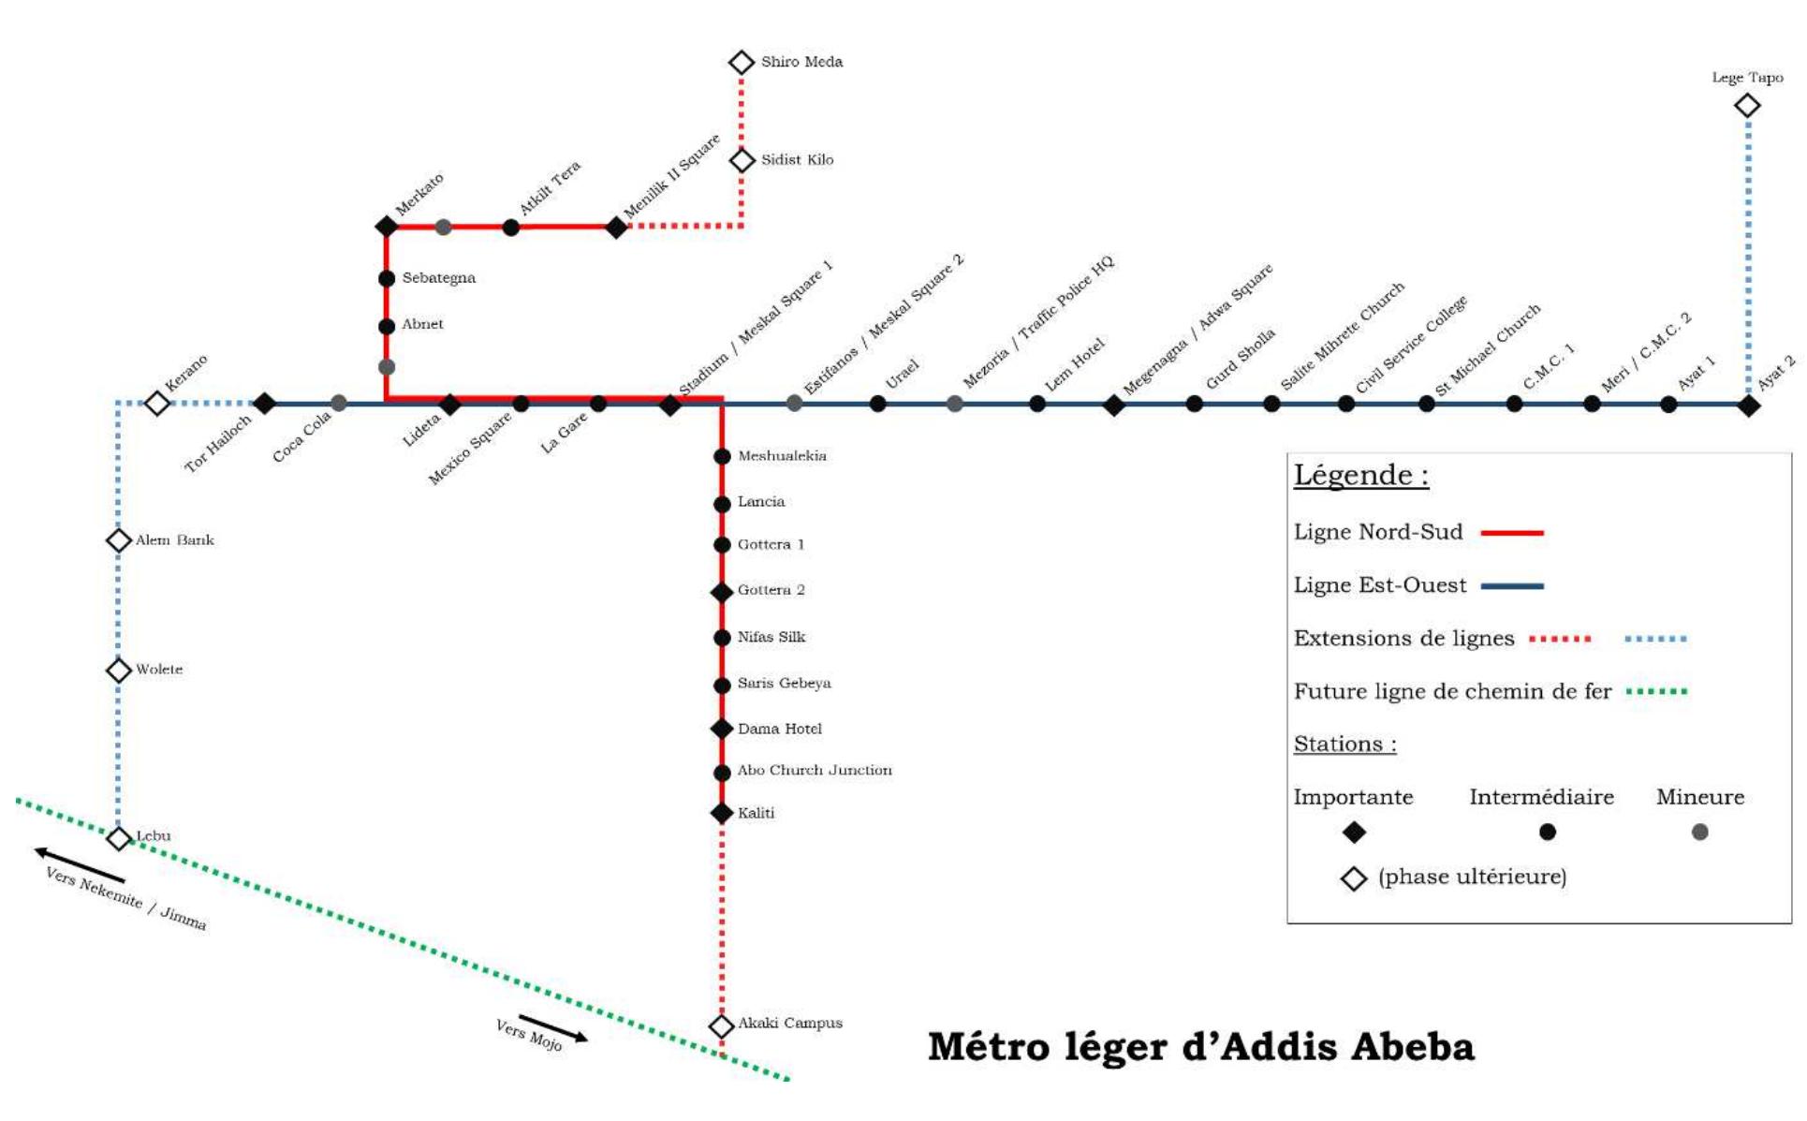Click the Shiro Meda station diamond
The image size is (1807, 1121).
742,63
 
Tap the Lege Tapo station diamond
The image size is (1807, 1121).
1747,106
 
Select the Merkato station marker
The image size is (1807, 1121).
387,227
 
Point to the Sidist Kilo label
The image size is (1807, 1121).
797,160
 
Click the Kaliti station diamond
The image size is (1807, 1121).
722,813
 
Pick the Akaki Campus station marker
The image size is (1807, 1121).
721,1026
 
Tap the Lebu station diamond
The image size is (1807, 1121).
119,839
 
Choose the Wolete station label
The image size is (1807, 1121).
159,670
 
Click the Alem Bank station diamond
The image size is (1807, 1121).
119,540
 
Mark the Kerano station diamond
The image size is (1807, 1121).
157,404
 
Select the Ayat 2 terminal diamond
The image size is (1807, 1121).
1748,406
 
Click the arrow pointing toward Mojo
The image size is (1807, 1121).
553,1027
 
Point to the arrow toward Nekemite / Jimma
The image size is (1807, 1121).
80,864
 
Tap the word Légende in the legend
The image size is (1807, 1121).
1360,475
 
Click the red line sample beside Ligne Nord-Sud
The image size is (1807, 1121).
1512,533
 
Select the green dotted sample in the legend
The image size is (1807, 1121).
1656,692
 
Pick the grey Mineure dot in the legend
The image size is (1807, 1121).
1700,832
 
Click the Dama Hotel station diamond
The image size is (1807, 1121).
722,729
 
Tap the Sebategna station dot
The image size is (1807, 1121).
387,278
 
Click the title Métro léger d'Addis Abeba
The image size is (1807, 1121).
1200,1047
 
